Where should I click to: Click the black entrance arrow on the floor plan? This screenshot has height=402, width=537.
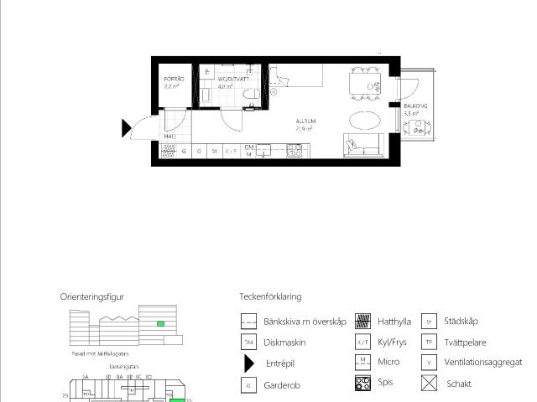[127, 128]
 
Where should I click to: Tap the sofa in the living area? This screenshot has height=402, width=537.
[362, 146]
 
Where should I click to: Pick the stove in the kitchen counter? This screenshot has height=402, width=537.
[295, 151]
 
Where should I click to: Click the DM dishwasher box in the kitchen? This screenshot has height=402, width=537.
[249, 151]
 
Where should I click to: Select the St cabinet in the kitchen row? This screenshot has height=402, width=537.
[215, 152]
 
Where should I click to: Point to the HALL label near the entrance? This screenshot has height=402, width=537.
[169, 137]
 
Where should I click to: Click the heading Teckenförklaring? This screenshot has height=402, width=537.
[270, 296]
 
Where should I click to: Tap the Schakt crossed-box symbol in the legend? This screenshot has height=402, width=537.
[429, 384]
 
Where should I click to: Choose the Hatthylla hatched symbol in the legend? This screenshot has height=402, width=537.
[362, 321]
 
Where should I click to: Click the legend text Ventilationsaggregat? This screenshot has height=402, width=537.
[482, 363]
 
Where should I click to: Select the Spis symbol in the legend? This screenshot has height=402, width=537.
[362, 384]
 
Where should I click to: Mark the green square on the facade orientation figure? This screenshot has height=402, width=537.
[160, 323]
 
